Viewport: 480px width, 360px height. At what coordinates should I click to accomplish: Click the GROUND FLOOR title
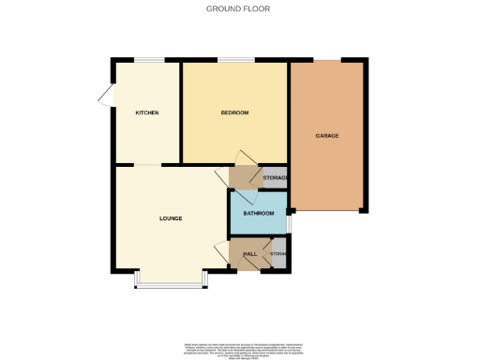tap(239, 8)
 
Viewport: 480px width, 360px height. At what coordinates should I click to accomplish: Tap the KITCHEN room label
tap(146, 112)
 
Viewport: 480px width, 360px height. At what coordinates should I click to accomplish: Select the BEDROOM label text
tap(234, 112)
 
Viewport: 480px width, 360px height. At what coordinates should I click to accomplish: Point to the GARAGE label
tap(326, 136)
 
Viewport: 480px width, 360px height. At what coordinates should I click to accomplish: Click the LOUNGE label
tap(170, 218)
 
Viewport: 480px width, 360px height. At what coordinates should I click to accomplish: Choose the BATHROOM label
tap(259, 214)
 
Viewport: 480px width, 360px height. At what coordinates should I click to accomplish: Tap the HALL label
tap(250, 254)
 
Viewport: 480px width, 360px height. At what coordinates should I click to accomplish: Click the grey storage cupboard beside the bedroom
tap(274, 177)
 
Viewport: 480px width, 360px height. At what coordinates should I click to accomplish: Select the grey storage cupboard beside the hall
tap(277, 254)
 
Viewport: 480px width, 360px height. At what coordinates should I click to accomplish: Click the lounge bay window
tap(170, 282)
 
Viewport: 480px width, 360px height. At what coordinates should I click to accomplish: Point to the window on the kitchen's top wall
tap(147, 61)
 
